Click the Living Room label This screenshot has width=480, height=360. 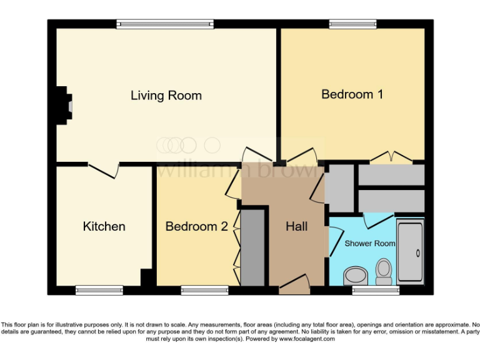(166, 96)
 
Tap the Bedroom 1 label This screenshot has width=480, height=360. (352, 94)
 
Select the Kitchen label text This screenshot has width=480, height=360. (104, 226)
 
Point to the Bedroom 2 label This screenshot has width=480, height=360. (196, 226)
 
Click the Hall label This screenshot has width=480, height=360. (296, 226)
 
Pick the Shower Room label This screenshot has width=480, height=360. (370, 243)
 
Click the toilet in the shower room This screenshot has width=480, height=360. (383, 271)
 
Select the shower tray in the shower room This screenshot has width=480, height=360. (411, 250)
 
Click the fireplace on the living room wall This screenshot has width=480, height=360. (63, 106)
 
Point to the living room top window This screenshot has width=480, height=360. (165, 24)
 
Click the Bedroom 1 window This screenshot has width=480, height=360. (353, 24)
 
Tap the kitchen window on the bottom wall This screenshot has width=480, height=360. (99, 290)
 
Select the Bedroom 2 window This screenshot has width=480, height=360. (204, 290)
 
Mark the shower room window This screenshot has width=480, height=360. (375, 290)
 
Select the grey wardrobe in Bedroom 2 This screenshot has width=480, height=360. (253, 248)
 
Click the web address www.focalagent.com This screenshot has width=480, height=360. (307, 339)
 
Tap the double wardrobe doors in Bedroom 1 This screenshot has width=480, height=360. (391, 158)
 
